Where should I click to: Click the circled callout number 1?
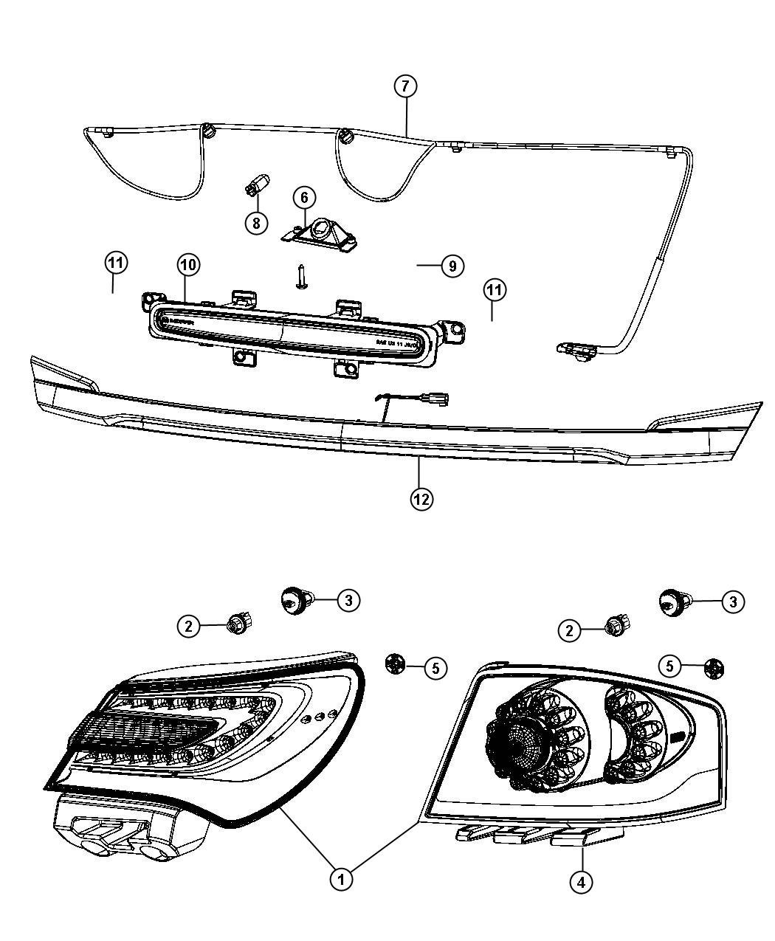(340, 878)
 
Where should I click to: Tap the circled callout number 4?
(582, 881)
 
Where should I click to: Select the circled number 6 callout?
(304, 198)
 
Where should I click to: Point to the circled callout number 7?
(404, 86)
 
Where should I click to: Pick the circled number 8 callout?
(256, 222)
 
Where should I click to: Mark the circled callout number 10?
(187, 264)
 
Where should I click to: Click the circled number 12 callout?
(421, 499)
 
